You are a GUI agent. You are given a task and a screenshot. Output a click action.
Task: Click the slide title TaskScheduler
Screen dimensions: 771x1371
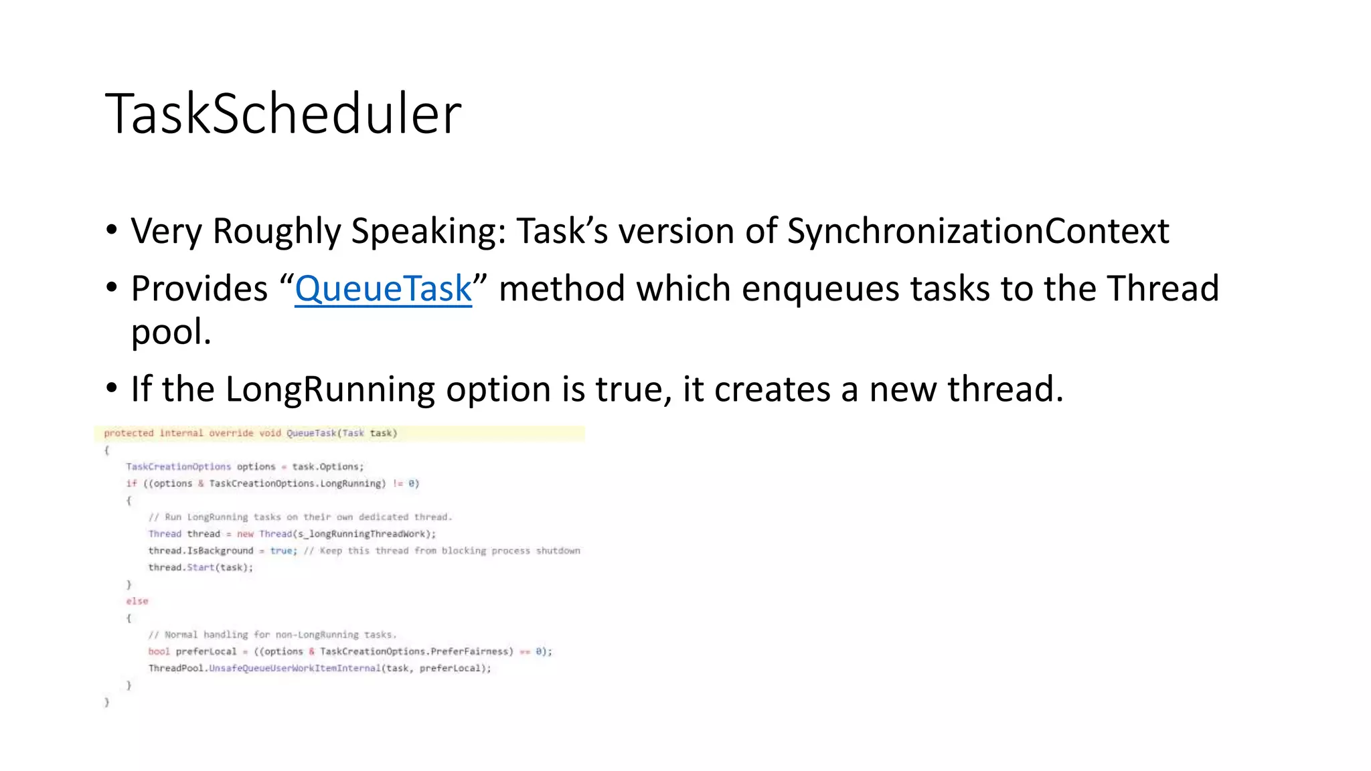pos(283,114)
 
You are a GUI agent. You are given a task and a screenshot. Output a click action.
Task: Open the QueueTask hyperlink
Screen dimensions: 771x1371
pos(383,288)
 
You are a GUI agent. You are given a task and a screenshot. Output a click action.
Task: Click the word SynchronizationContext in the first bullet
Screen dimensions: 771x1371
pos(977,231)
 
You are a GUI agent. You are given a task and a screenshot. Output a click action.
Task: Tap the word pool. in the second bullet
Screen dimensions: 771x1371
pos(171,332)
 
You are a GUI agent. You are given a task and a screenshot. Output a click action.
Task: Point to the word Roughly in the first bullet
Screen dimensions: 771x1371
pos(276,231)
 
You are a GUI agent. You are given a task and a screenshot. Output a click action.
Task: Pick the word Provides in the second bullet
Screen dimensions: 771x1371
pos(199,288)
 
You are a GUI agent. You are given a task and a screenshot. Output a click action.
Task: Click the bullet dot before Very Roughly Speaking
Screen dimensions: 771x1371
pos(112,230)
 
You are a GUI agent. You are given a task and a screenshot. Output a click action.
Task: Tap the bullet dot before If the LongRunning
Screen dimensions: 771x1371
pos(112,388)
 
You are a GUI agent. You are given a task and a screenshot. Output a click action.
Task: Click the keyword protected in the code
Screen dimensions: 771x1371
pos(129,433)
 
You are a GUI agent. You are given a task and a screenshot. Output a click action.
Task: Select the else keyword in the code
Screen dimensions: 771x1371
pos(137,601)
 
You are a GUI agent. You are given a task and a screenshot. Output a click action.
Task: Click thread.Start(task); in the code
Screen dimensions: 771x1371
pos(201,568)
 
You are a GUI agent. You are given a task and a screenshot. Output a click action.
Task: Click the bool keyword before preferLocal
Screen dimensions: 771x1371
pos(159,651)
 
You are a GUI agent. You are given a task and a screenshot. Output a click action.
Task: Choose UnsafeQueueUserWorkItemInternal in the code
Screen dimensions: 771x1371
pos(295,668)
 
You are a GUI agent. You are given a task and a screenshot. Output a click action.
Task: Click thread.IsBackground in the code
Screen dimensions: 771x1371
pos(201,551)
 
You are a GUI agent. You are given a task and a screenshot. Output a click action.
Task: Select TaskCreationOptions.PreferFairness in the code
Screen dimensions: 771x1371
pos(416,651)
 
